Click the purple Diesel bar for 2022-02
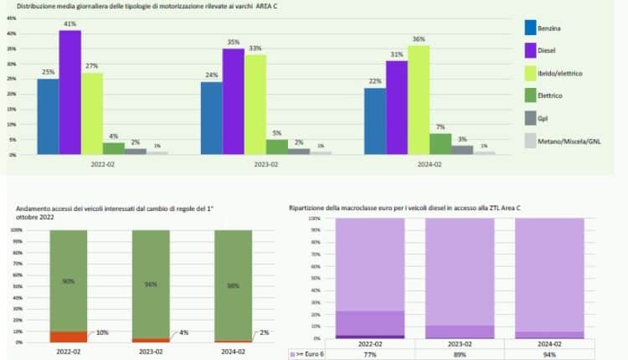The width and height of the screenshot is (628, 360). [x=69, y=92]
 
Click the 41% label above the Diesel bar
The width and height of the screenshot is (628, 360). [x=69, y=24]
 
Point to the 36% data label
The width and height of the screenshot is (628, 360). [x=419, y=39]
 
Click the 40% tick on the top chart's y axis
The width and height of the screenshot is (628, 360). [x=12, y=33]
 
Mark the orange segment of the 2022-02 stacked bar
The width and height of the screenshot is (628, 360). [x=69, y=337]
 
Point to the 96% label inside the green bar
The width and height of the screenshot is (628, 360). [x=152, y=283]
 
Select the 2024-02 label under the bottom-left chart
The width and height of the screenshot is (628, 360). [x=232, y=353]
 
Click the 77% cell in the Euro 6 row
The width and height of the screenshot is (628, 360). [x=369, y=355]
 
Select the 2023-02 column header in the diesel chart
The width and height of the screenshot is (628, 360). [x=460, y=344]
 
